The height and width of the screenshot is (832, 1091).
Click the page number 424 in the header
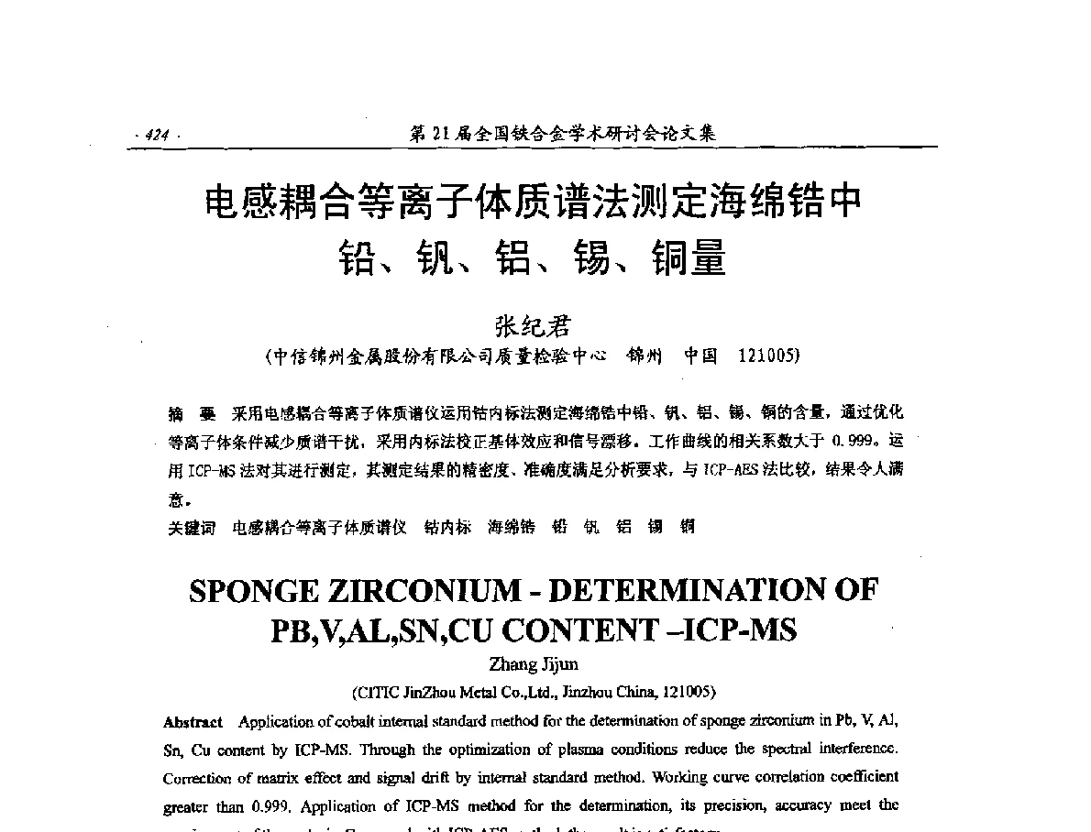pyautogui.click(x=157, y=136)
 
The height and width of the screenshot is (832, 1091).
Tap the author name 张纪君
pyautogui.click(x=532, y=326)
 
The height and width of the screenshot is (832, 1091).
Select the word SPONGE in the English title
pyautogui.click(x=255, y=591)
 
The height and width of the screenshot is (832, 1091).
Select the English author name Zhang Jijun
pyautogui.click(x=532, y=665)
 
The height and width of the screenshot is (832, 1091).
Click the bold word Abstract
pyautogui.click(x=193, y=722)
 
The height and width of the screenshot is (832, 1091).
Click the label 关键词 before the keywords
pyautogui.click(x=192, y=528)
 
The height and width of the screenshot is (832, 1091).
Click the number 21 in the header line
pyautogui.click(x=441, y=135)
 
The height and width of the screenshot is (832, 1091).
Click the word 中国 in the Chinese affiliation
pyautogui.click(x=700, y=356)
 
